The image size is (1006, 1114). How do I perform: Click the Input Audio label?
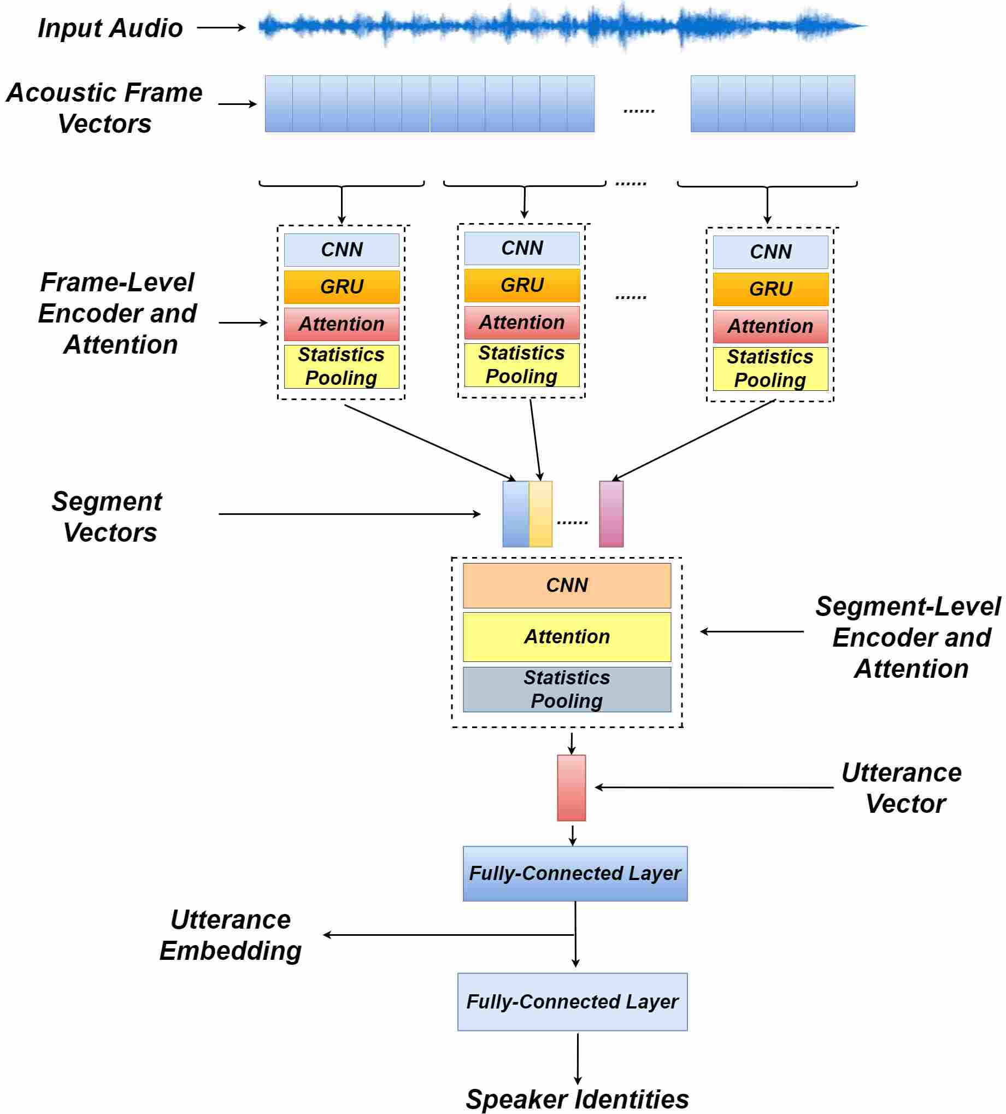(110, 28)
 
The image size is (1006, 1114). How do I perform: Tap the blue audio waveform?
(562, 26)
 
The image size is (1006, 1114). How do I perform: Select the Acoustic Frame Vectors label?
(104, 108)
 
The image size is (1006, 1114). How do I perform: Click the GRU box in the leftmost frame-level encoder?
(342, 287)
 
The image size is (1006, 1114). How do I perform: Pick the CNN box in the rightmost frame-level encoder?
(770, 252)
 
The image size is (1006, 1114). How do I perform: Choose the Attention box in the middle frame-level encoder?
(521, 323)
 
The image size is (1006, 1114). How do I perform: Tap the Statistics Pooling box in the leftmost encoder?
(342, 366)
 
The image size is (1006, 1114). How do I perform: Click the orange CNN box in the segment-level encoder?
(567, 586)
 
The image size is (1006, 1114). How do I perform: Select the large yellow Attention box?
(567, 637)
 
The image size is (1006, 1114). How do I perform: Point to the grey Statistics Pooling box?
(567, 689)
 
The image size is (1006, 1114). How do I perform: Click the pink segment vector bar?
(611, 514)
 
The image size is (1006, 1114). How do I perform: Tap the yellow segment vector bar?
(540, 514)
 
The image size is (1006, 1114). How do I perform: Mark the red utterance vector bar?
(571, 788)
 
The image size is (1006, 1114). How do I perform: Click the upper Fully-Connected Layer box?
(575, 873)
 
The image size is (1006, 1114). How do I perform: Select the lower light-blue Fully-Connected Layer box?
(572, 1002)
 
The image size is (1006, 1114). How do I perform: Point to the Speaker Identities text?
(577, 1100)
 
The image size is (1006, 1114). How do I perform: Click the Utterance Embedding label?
(231, 935)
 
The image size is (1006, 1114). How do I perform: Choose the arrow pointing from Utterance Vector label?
(714, 788)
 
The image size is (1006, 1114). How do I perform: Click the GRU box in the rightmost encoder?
(770, 289)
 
